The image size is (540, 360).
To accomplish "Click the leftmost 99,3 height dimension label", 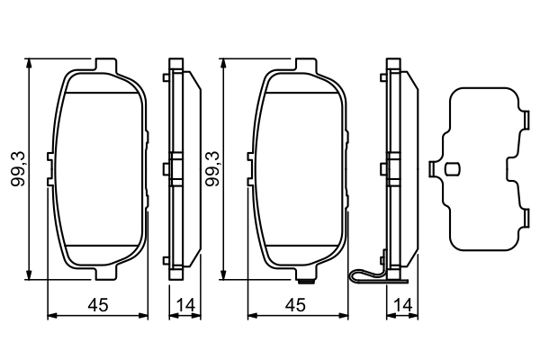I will click(16, 168).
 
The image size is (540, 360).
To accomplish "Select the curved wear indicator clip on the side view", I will click(364, 277).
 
